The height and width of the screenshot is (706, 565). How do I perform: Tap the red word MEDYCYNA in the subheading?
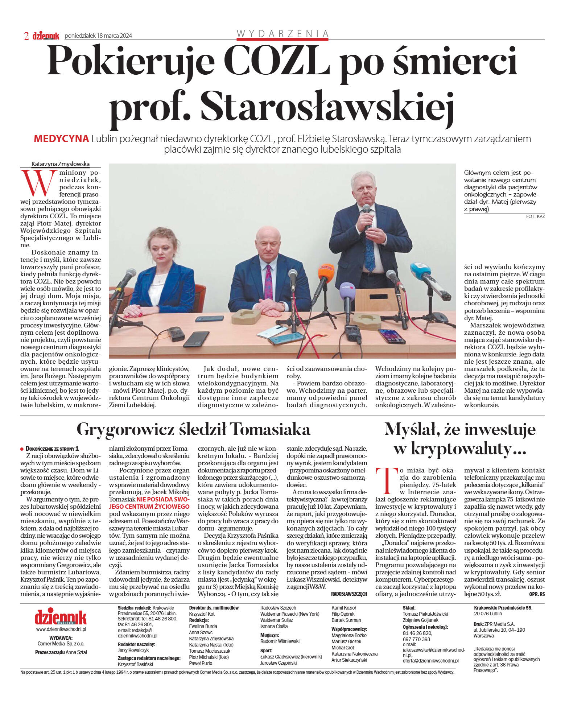pos(61,139)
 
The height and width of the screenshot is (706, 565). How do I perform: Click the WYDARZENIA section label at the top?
pos(282,34)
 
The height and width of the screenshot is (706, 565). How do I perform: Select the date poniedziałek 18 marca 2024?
pos(98,36)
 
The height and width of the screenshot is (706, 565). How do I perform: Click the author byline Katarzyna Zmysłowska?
pos(60,164)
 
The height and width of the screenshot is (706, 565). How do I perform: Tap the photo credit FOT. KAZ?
pos(535,216)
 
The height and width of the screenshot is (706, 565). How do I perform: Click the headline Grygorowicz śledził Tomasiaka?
pos(193,429)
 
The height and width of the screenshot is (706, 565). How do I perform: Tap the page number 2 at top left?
pos(26,36)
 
